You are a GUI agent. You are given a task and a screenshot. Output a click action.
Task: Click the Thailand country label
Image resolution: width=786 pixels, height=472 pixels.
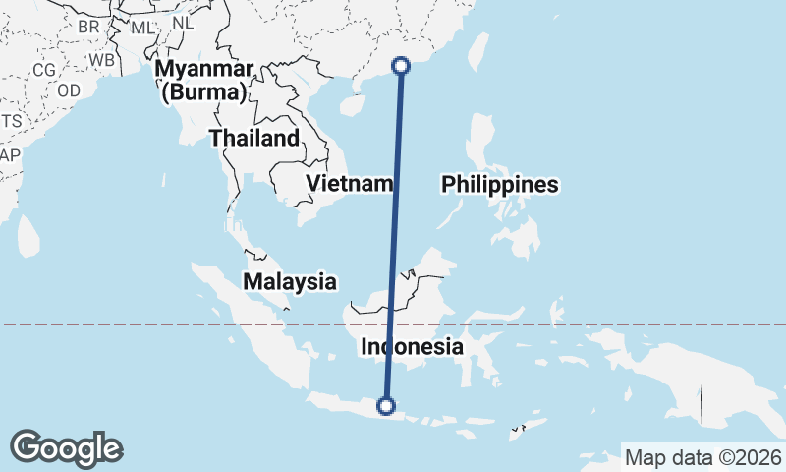pyautogui.click(x=253, y=138)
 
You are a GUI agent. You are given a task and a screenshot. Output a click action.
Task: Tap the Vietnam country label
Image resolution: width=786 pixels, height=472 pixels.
pyautogui.click(x=350, y=183)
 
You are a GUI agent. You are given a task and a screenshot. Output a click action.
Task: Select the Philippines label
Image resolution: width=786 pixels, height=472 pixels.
pyautogui.click(x=499, y=184)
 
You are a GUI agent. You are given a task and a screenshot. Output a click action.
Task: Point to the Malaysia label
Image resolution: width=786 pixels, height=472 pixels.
pyautogui.click(x=290, y=281)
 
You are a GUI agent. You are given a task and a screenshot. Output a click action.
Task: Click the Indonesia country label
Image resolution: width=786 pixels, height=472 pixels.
pyautogui.click(x=412, y=346)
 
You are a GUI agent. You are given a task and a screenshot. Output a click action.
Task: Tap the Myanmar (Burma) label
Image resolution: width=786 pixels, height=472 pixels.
pyautogui.click(x=204, y=81)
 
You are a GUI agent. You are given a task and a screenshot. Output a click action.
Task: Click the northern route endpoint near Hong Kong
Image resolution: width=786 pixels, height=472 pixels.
pyautogui.click(x=401, y=66)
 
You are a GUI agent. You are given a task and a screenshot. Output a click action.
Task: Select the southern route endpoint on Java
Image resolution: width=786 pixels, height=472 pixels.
pyautogui.click(x=386, y=405)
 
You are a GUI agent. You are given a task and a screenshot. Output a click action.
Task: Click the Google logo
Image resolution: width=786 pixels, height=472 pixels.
pyautogui.click(x=66, y=448)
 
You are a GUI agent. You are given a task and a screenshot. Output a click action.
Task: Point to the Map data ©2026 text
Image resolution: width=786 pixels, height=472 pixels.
pyautogui.click(x=703, y=457)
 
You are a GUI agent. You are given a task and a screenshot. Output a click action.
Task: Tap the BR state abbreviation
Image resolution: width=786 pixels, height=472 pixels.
pyautogui.click(x=88, y=26)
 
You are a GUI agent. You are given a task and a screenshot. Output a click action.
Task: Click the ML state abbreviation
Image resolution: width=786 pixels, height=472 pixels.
pyautogui.click(x=142, y=27)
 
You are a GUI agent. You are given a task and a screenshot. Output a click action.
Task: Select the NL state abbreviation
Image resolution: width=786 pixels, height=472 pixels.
pyautogui.click(x=183, y=22)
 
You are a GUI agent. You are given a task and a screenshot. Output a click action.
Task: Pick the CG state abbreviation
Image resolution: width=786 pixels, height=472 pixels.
pyautogui.click(x=44, y=70)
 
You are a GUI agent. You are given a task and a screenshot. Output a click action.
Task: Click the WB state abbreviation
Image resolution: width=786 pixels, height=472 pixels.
pyautogui.click(x=102, y=59)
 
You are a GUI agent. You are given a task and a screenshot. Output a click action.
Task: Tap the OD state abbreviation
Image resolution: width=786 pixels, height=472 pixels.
pyautogui.click(x=69, y=89)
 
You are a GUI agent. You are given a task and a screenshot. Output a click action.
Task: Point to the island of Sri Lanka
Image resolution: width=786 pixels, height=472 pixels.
pyautogui.click(x=28, y=233)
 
